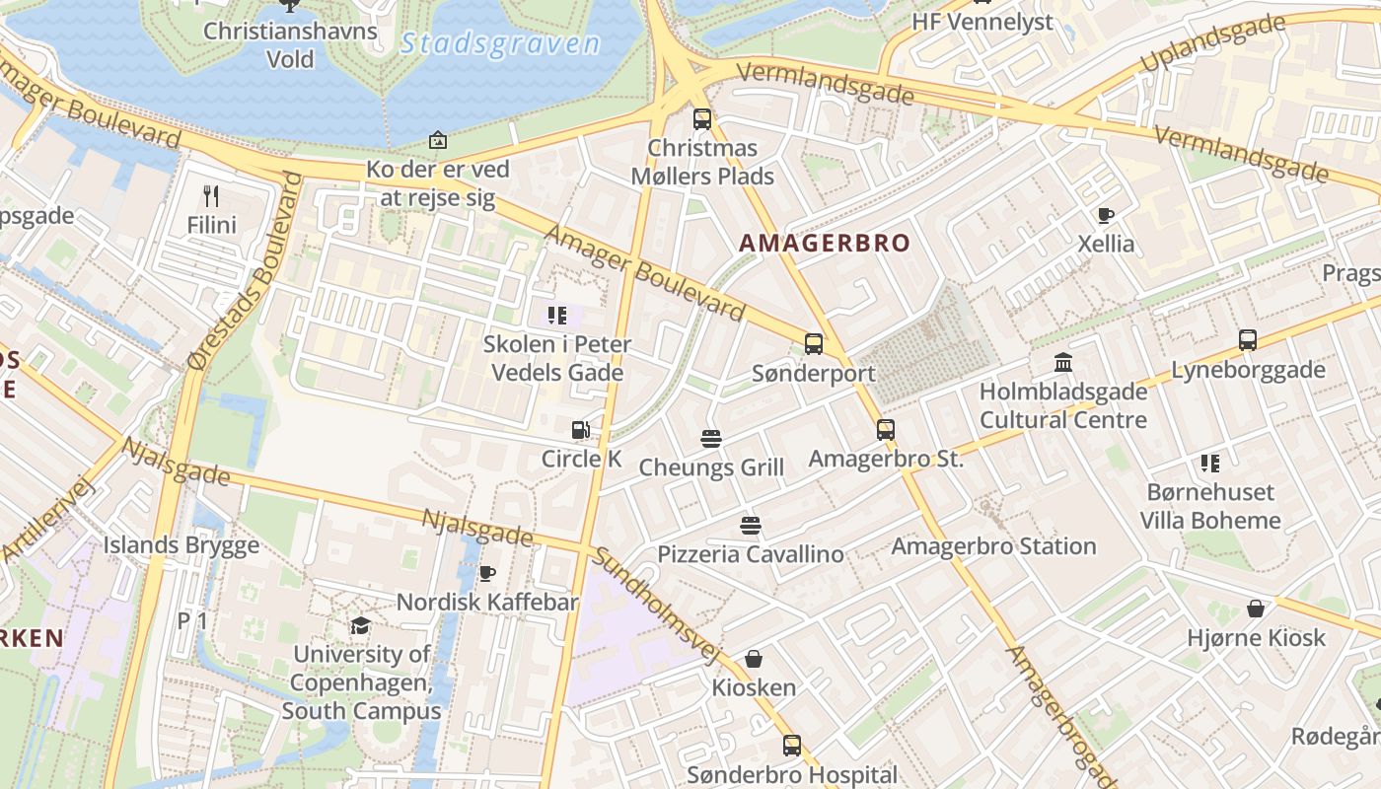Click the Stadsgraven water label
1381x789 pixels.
click(500, 44)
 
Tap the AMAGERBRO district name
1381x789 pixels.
click(825, 243)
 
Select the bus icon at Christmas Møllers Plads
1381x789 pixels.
click(701, 119)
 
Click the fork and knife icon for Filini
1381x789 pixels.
click(211, 195)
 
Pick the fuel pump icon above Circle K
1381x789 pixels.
click(581, 430)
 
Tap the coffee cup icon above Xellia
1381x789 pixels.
click(1106, 215)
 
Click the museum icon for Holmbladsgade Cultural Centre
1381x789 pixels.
click(1063, 363)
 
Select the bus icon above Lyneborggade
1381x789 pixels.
click(1248, 340)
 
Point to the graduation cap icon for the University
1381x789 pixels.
click(361, 625)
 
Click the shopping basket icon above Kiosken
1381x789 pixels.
click(754, 658)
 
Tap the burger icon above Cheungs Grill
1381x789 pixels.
click(711, 438)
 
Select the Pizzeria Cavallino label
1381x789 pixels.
click(751, 554)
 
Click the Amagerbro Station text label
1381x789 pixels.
click(993, 546)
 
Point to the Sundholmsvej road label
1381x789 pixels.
click(655, 604)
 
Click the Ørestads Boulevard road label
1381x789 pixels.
click(241, 272)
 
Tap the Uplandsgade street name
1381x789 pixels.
click(1212, 44)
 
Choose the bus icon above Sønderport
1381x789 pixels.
click(813, 344)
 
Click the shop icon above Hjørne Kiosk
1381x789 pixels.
click(1256, 609)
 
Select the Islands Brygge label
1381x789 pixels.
click(182, 545)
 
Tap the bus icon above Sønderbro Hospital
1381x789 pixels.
click(791, 746)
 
